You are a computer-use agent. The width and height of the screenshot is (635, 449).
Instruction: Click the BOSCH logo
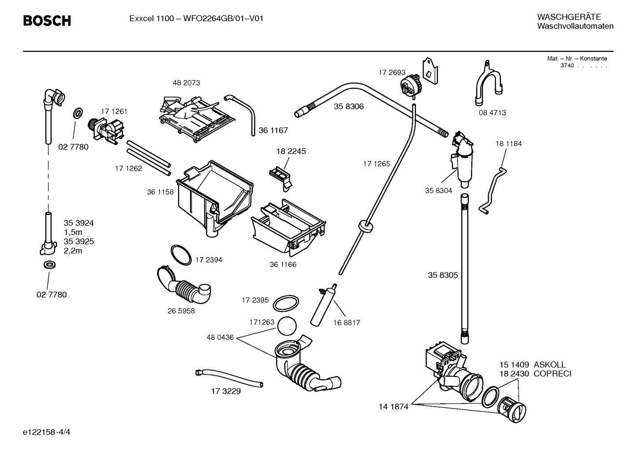tap(47, 21)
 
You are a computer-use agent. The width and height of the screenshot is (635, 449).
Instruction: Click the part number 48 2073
tap(186, 83)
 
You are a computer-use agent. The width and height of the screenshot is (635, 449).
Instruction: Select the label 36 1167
tap(273, 130)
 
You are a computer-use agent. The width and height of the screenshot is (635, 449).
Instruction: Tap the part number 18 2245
tap(291, 151)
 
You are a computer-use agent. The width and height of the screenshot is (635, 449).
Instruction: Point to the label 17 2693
tap(392, 72)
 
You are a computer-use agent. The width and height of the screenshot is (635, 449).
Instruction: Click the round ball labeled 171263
tap(287, 327)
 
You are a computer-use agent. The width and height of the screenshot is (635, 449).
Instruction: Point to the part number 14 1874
tap(393, 407)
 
